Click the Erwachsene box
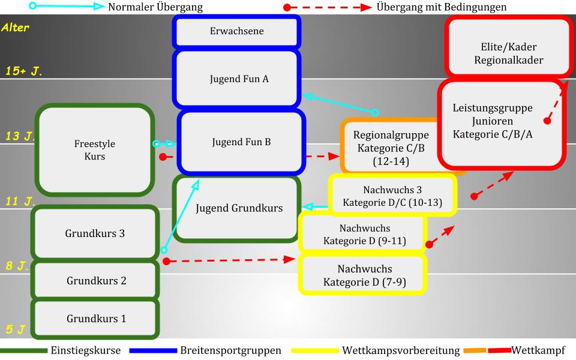point(236,31)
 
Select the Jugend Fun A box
point(236,79)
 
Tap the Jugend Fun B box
point(240,142)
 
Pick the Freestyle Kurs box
point(94,149)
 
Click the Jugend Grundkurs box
point(238,208)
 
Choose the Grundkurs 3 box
point(95,233)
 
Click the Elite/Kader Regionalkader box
point(508,53)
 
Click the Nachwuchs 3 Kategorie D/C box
point(392,196)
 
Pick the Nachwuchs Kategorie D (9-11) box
point(364,235)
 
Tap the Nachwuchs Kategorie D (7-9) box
point(364,275)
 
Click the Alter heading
point(15,28)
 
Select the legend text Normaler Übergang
point(155,8)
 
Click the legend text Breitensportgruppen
point(230,350)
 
